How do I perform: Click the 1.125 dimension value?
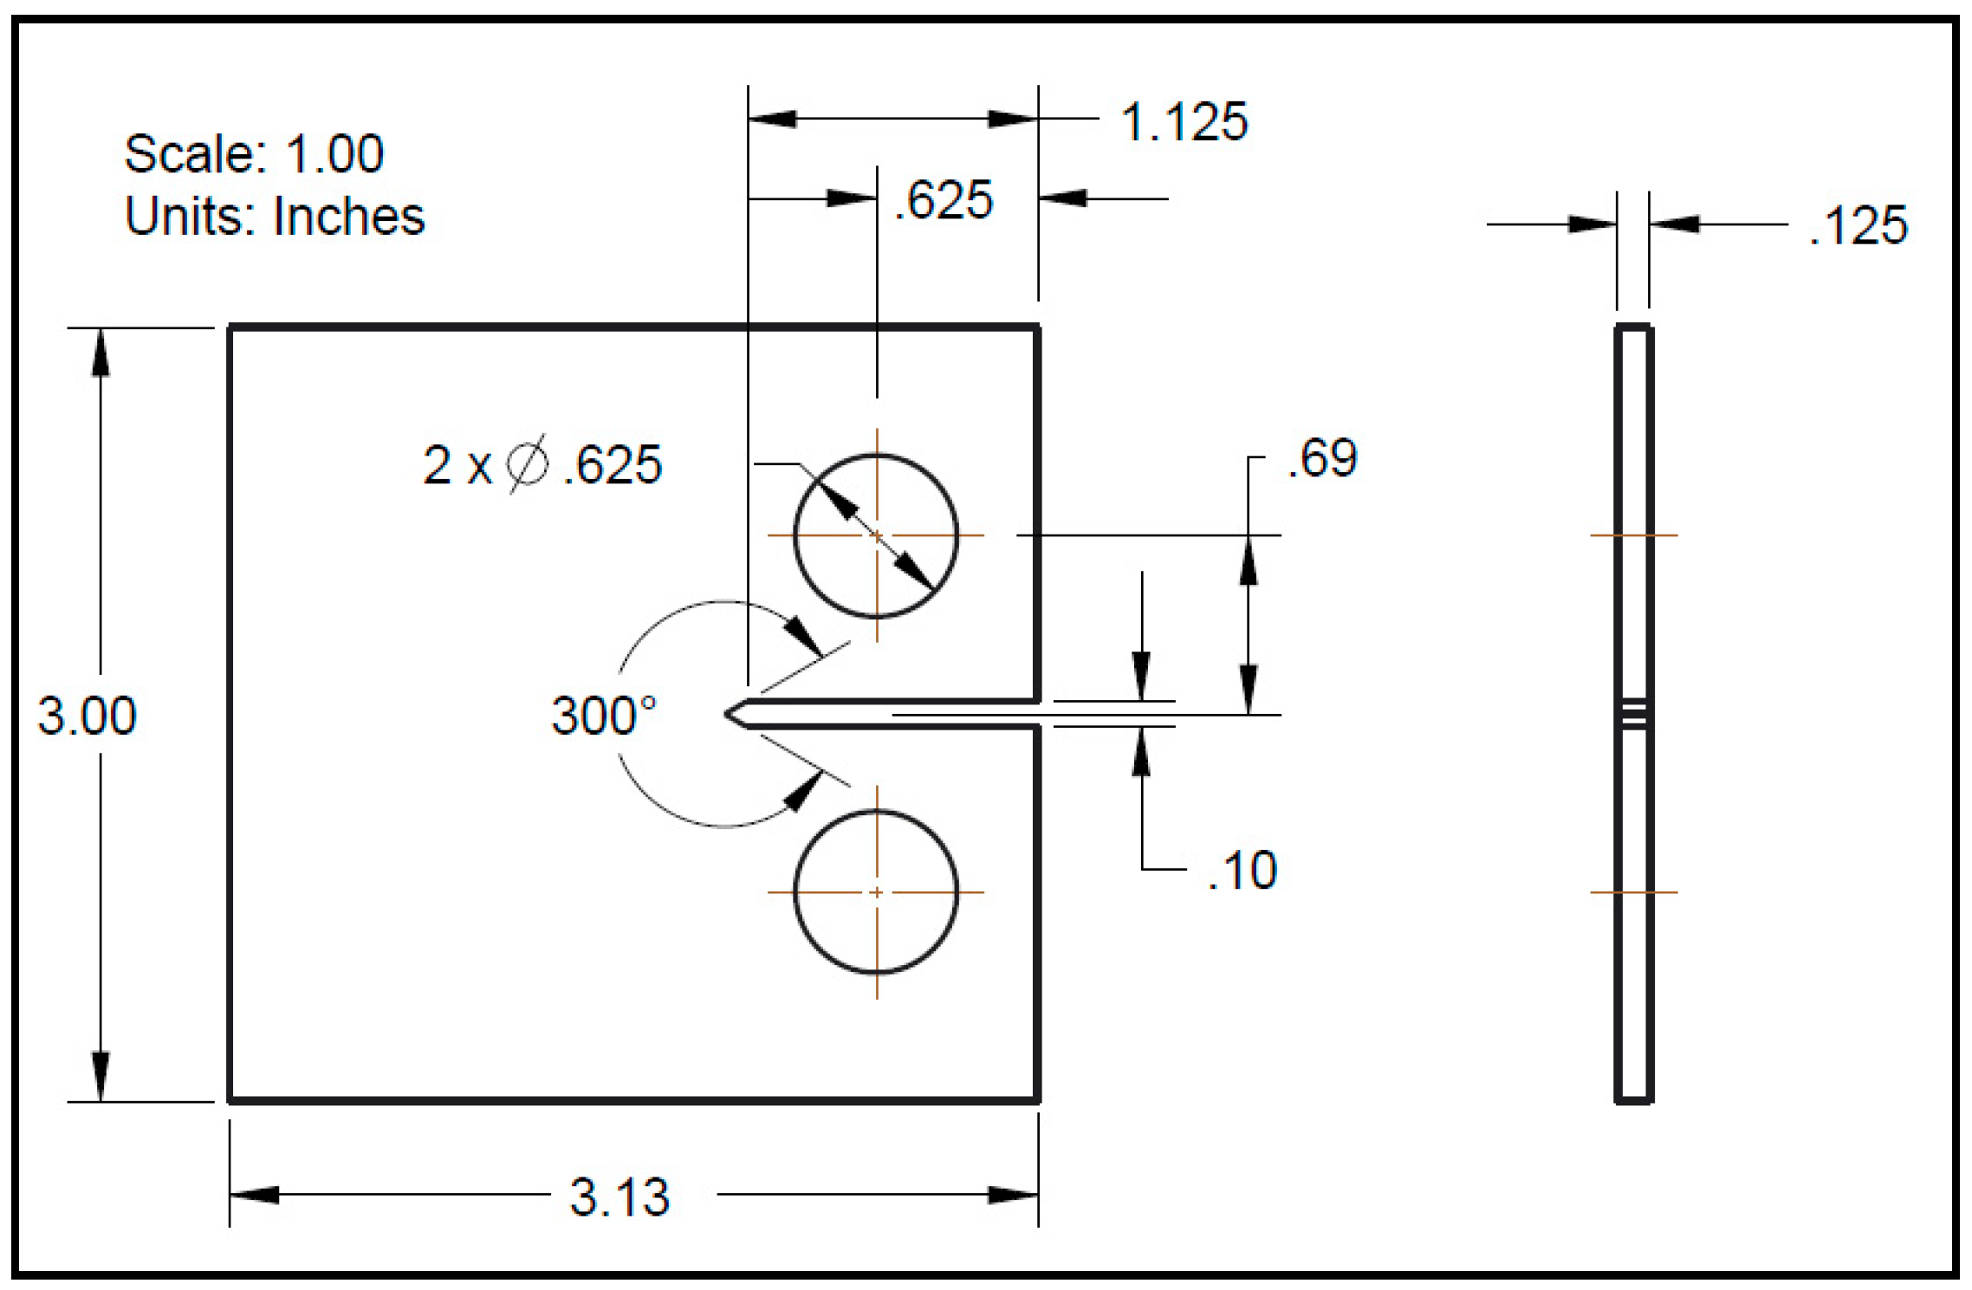[x=1184, y=121]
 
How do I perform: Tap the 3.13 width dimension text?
[x=619, y=1197]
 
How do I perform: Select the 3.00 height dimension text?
[x=87, y=716]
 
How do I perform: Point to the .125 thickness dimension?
[x=1858, y=225]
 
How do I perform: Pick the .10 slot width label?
[x=1242, y=870]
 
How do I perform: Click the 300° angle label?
[x=604, y=716]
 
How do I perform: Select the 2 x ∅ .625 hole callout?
[x=542, y=464]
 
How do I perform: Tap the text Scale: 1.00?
[x=254, y=154]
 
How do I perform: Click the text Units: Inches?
[x=275, y=216]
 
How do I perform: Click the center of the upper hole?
[x=877, y=536]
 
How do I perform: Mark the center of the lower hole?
[x=877, y=891]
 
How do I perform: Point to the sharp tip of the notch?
[x=727, y=714]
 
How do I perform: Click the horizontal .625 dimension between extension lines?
[x=944, y=200]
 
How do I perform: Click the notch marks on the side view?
[x=1634, y=715]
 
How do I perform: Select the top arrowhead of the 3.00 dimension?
[x=101, y=353]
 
